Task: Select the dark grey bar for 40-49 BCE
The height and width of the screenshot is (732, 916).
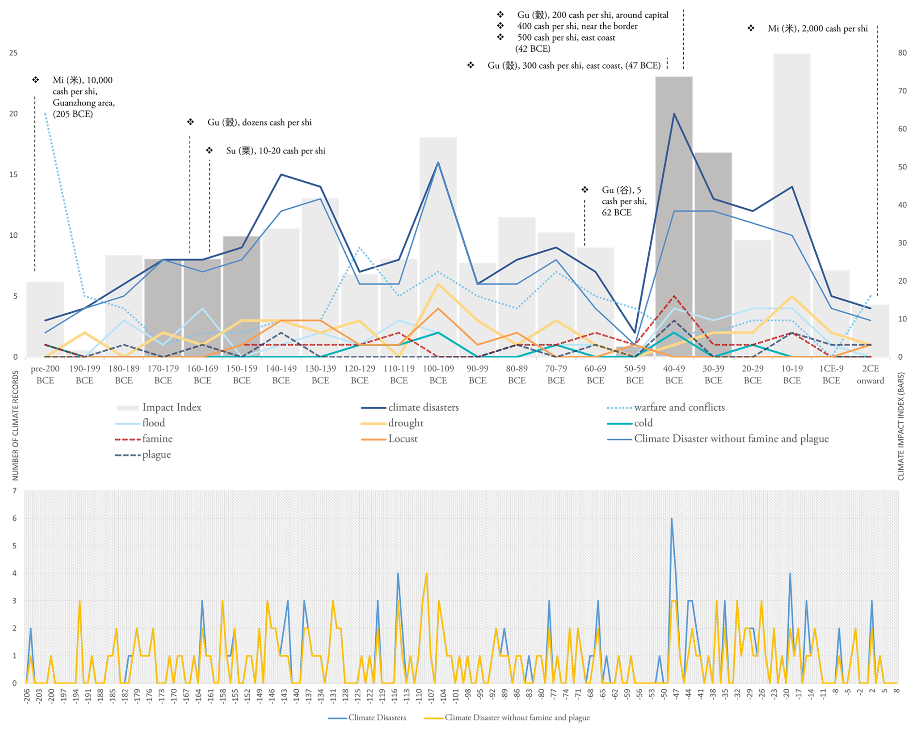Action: point(673,218)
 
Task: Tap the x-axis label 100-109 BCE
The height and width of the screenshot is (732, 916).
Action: point(438,374)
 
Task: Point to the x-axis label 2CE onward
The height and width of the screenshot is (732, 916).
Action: point(870,374)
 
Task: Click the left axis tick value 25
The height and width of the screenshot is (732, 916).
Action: point(13,53)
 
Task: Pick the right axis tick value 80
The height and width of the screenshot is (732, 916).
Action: point(902,53)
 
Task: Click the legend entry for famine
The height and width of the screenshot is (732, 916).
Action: point(157,439)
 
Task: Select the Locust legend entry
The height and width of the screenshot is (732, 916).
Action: point(402,439)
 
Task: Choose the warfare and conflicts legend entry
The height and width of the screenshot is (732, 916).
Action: point(679,407)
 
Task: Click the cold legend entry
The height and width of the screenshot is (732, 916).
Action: point(643,423)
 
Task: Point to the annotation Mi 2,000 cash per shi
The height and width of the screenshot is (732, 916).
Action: point(817,29)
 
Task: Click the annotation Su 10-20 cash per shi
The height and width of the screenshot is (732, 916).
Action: point(275,151)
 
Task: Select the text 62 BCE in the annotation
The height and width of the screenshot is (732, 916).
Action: point(616,213)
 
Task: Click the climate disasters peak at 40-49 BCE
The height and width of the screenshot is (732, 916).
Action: point(674,114)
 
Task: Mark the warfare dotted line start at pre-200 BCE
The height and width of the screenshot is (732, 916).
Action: point(45,114)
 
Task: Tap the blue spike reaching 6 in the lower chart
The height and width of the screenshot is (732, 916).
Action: point(672,519)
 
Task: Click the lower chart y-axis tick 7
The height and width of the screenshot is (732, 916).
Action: point(15,491)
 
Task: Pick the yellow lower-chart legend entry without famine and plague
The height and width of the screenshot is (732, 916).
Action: point(517,717)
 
